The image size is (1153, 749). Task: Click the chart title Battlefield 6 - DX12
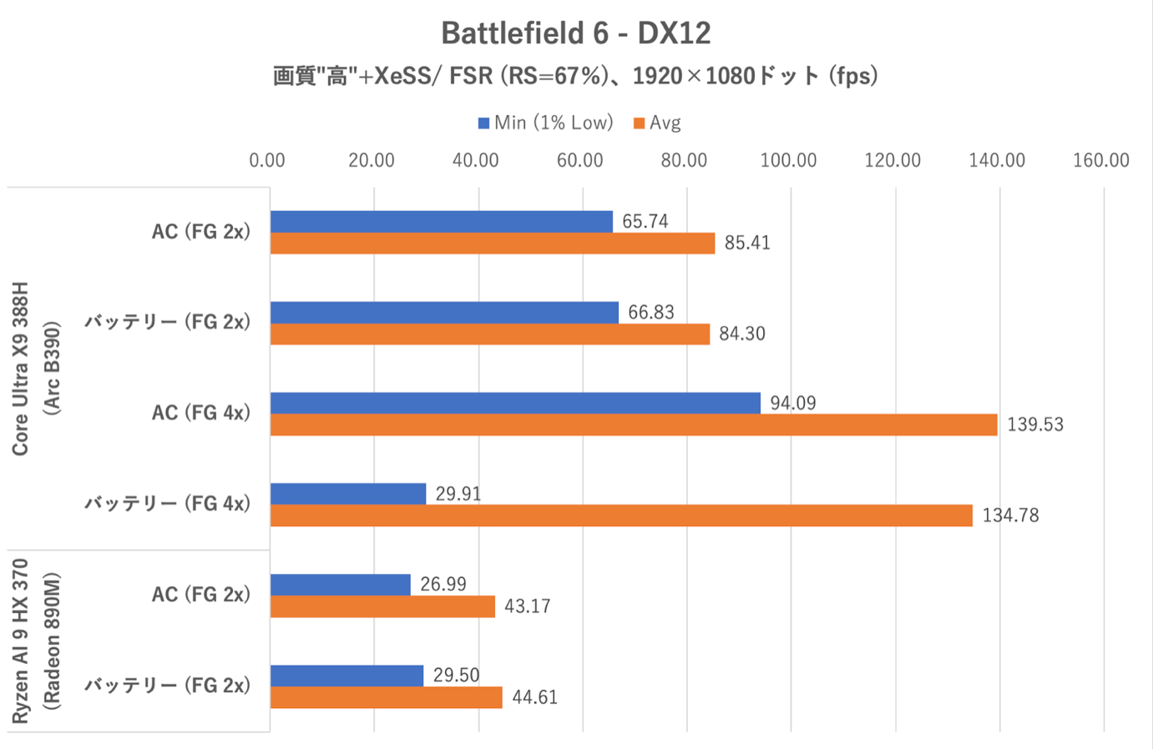(575, 33)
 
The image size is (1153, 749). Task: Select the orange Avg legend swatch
(640, 123)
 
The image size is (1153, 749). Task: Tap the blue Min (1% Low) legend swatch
(483, 123)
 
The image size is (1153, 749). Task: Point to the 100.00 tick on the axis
(788, 160)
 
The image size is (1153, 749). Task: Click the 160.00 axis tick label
(1100, 160)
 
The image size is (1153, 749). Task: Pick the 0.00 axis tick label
(267, 160)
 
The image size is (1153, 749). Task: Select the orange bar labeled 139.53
(634, 425)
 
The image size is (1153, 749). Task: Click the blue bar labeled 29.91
(348, 494)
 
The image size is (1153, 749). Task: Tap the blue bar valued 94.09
(515, 403)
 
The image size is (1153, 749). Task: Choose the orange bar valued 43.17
(382, 606)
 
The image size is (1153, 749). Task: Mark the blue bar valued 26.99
(341, 585)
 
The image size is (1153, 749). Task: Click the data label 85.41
(747, 244)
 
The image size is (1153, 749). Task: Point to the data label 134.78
(1010, 515)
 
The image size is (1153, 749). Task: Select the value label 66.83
(651, 313)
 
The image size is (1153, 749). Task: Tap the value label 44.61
(534, 697)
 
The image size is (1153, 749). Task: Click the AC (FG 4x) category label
(201, 413)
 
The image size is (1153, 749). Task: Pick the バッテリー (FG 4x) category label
(167, 504)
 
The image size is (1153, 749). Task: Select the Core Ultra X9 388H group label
(21, 368)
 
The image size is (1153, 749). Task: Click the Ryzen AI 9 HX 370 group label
(21, 641)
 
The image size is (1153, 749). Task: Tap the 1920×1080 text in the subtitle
(693, 77)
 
